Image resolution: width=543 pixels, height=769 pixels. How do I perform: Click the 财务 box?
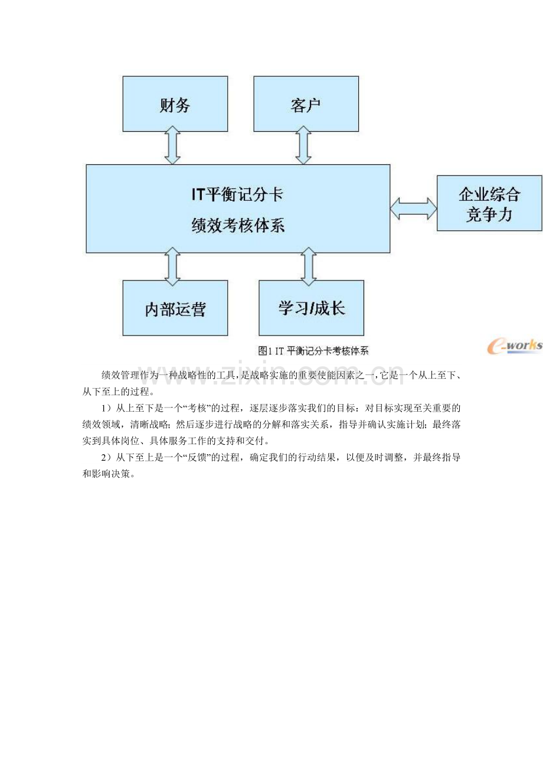[x=175, y=104]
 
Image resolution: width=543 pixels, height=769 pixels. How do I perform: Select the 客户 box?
[x=306, y=104]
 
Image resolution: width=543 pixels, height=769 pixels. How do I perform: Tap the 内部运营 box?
[x=175, y=308]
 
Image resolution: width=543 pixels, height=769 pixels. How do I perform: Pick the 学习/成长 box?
[x=311, y=308]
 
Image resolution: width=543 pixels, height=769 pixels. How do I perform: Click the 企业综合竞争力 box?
[x=489, y=203]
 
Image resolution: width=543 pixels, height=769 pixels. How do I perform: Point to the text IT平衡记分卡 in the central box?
[x=237, y=195]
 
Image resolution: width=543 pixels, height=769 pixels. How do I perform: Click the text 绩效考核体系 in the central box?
[x=238, y=226]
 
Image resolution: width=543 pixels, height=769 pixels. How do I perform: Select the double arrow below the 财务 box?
[x=172, y=145]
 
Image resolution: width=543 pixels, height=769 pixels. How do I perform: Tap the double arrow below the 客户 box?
[x=303, y=145]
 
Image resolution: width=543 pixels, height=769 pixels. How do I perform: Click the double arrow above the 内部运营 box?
[x=172, y=266]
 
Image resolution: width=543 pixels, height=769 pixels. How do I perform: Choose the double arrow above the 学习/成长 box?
[x=308, y=266]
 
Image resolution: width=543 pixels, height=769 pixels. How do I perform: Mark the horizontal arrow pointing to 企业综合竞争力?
[x=413, y=208]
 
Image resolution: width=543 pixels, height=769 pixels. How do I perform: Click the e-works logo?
[x=515, y=346]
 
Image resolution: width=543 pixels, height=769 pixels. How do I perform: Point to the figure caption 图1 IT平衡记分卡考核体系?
[x=313, y=351]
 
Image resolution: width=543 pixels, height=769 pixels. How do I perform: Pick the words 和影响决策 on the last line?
[x=106, y=474]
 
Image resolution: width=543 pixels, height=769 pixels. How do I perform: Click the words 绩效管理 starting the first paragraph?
[x=120, y=375]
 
